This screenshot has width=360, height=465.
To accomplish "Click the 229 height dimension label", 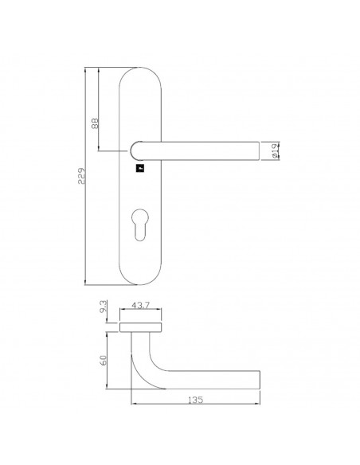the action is click(x=81, y=176).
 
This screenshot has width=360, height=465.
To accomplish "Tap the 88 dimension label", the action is click(x=95, y=123).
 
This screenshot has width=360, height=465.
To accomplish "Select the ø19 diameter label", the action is click(x=275, y=150).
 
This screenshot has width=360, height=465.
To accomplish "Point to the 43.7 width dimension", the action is click(x=140, y=305).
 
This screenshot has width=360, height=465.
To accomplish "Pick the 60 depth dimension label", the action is click(x=104, y=360).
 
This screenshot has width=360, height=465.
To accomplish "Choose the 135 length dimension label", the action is click(x=196, y=400).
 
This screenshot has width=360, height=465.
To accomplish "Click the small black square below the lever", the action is click(x=140, y=169).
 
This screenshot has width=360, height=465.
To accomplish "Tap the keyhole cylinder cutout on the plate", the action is click(x=140, y=225).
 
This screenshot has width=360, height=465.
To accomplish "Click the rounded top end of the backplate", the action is click(x=140, y=68).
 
